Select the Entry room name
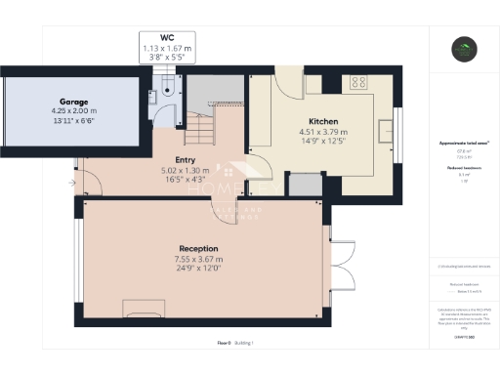coord(185,159)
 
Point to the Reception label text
coord(198,249)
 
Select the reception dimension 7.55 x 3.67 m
coord(198,260)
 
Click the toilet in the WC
coord(169,88)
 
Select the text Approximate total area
coord(463,143)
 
